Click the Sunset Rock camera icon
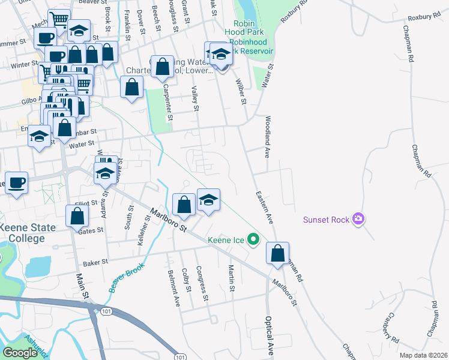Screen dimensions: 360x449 [359, 219]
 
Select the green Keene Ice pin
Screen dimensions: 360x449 [253, 240]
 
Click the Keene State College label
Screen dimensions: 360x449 [28, 233]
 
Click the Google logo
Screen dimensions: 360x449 [20, 352]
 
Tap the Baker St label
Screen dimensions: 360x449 [95, 262]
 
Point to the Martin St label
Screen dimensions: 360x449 [231, 275]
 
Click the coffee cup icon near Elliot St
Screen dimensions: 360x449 [17, 183]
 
